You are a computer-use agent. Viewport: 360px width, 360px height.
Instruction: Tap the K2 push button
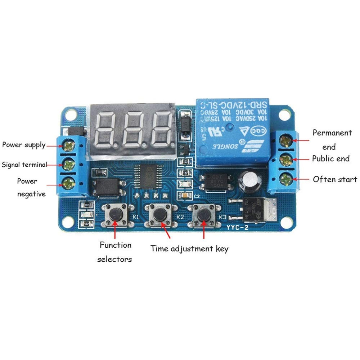[x=159, y=215]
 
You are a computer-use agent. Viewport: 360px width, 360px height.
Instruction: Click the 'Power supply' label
[x=24, y=145]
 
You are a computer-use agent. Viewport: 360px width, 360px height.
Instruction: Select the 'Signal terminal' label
[x=24, y=165]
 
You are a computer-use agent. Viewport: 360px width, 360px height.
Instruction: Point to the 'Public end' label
[x=330, y=158]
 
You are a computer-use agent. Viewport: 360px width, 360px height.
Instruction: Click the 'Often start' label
[x=335, y=179]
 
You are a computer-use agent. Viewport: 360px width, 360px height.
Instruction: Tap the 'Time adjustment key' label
[x=189, y=248]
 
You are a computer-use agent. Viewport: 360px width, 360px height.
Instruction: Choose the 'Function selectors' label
[x=115, y=252]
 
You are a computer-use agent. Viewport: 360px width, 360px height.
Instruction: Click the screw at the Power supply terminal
[x=68, y=145]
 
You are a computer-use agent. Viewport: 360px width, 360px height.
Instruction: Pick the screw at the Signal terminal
[x=68, y=165]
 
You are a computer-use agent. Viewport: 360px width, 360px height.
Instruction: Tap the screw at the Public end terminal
[x=286, y=158]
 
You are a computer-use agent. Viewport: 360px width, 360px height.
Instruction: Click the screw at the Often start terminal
[x=286, y=178]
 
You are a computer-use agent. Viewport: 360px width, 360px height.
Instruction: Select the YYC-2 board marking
[x=238, y=227]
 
